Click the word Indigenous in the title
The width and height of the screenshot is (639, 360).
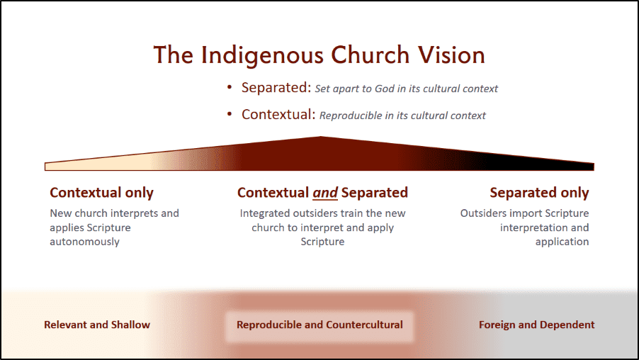click(x=262, y=55)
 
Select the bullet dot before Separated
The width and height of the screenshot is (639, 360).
click(x=230, y=87)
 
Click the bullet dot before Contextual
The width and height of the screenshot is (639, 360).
click(x=230, y=115)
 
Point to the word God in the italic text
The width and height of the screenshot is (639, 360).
click(x=384, y=89)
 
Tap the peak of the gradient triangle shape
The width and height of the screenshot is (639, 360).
click(x=321, y=137)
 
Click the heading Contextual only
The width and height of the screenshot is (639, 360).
click(x=101, y=193)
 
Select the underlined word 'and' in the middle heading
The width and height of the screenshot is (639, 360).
click(x=325, y=193)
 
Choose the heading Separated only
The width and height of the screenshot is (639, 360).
click(x=539, y=193)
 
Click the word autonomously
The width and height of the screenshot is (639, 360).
click(x=85, y=242)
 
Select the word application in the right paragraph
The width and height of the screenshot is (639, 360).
click(x=562, y=242)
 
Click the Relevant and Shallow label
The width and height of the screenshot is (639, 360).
click(x=97, y=325)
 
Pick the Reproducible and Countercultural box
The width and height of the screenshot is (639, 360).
click(x=319, y=327)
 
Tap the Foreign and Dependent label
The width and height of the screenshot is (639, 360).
click(x=537, y=325)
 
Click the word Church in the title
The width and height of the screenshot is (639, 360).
click(x=370, y=55)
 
